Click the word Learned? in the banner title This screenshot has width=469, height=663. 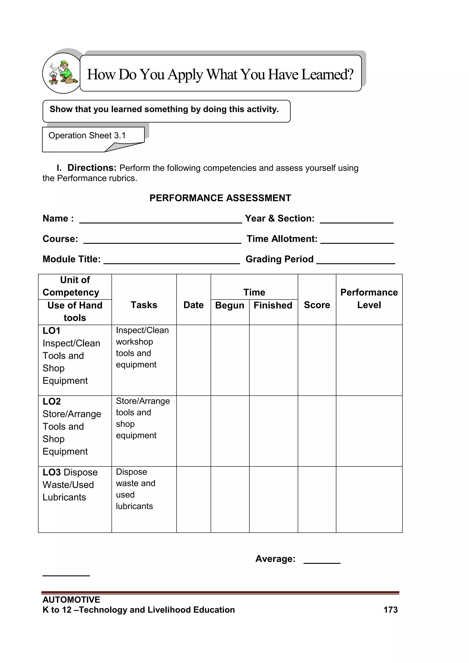pos(327,74)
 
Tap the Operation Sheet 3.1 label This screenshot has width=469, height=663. pos(87,135)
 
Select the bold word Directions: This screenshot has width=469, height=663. pos(92,168)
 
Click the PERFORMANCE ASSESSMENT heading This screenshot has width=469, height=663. pos(220,198)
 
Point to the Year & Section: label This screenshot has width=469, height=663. pos(280,218)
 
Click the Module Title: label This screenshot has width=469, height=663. pos(72,259)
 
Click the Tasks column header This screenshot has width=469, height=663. pos(144,305)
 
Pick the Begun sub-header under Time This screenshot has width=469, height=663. pos(230,305)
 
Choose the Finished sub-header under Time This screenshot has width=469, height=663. pos(273,305)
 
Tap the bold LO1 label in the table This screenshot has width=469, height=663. pos(51,331)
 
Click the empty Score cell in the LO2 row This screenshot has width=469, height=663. pos(317,431)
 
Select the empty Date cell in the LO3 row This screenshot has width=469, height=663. pos(194,499)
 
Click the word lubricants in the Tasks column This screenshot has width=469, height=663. pos(134,506)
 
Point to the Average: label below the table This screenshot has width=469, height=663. pos(275,559)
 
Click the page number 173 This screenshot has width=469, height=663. pos(390,610)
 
